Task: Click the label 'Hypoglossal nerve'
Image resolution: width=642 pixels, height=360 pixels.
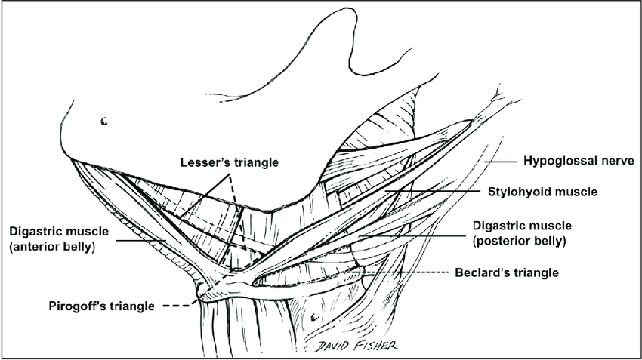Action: click(x=579, y=161)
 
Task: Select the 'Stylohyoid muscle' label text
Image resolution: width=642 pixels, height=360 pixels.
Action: click(x=542, y=192)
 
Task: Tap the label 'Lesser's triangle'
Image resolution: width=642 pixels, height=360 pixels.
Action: click(x=230, y=162)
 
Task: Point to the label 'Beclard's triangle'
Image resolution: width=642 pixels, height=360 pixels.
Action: click(x=507, y=272)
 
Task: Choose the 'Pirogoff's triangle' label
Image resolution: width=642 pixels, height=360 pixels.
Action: click(x=101, y=306)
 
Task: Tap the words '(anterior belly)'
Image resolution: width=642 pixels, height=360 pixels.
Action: click(x=52, y=247)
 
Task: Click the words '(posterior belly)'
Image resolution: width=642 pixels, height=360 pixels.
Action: click(x=519, y=241)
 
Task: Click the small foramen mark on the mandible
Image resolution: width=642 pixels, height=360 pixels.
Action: click(x=104, y=121)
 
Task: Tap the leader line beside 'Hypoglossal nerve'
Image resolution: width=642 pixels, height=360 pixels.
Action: click(x=501, y=162)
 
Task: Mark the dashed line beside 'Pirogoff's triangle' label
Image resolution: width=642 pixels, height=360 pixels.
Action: click(x=177, y=306)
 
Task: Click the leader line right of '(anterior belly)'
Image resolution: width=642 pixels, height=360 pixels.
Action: click(x=141, y=240)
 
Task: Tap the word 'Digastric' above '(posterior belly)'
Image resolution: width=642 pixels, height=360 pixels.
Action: click(x=495, y=226)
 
